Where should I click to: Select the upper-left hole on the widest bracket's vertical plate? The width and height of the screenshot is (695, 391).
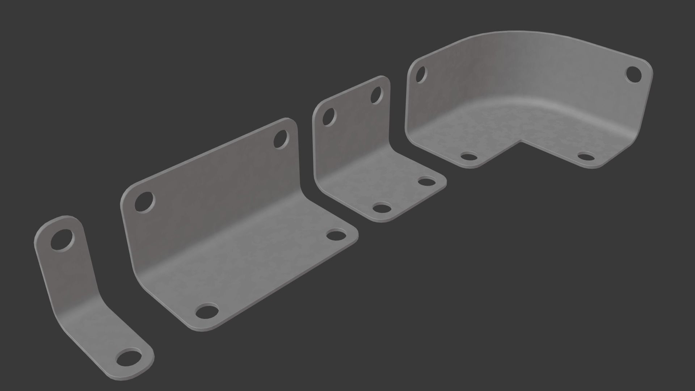144,202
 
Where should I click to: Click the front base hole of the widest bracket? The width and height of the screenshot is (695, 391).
207,311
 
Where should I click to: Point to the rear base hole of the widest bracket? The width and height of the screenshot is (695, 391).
336,235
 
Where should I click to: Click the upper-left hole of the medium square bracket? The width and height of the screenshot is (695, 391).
329,117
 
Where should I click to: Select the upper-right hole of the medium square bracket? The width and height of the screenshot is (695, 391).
376,94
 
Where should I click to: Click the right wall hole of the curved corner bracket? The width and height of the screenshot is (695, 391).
633,74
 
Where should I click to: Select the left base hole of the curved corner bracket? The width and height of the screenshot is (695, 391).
469,157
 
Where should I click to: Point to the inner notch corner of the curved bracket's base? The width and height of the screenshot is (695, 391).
521,140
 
